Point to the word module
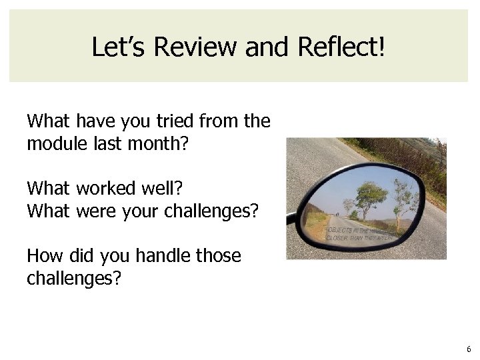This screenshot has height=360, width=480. point(53,142)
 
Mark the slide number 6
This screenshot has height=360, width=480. point(469,349)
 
